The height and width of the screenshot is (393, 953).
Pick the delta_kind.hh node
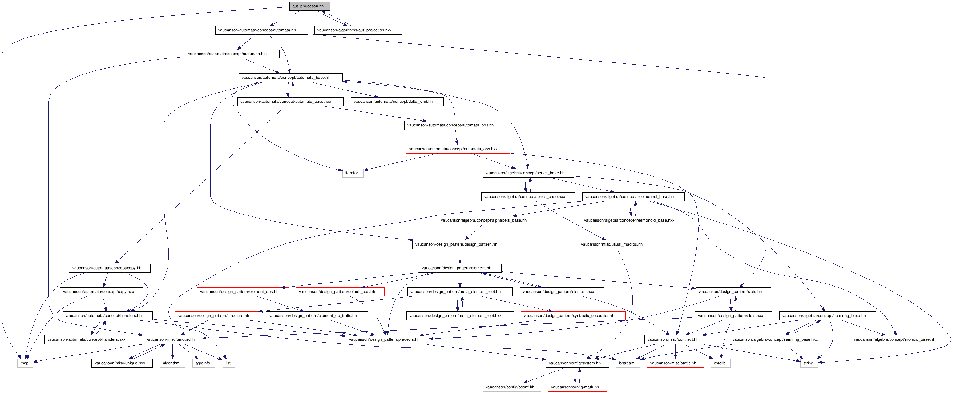tap(397, 102)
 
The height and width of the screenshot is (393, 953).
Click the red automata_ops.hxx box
tap(458, 149)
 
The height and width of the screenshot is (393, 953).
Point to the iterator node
tap(353, 173)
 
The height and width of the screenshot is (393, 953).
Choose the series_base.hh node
tap(528, 173)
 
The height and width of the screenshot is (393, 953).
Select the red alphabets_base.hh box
tap(487, 221)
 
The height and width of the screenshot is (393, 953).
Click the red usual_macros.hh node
tap(614, 244)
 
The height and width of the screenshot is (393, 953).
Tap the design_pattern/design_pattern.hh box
tap(460, 244)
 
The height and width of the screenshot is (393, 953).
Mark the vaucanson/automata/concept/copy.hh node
tap(110, 268)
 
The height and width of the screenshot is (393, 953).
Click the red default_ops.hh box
tap(340, 292)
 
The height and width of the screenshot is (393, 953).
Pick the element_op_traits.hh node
tap(317, 316)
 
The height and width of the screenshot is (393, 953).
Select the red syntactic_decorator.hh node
tap(573, 316)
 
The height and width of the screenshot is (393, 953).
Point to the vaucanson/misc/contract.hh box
tap(675, 339)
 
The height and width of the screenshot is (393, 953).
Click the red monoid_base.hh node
tap(898, 339)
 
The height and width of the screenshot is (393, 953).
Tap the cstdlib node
tap(720, 363)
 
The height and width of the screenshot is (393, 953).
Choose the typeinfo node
tap(203, 363)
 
